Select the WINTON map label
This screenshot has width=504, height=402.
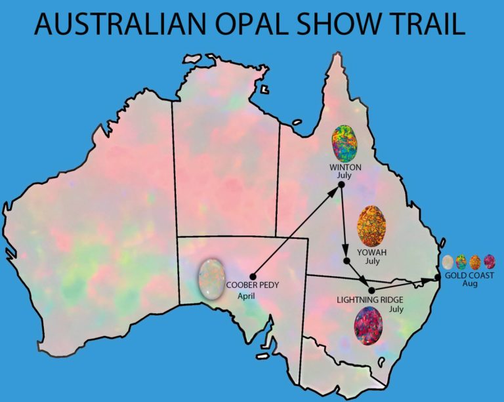point(345,167)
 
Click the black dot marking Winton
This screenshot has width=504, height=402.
point(341,186)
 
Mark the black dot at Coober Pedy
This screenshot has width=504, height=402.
point(253,275)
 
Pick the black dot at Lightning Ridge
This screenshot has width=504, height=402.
point(371,289)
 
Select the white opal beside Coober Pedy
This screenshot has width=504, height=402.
point(212,278)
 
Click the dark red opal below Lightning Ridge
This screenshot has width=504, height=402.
point(368,327)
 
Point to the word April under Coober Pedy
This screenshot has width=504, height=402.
point(245,296)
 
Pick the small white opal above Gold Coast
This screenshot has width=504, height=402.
point(448,262)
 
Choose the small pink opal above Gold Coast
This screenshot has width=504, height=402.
point(490,262)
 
